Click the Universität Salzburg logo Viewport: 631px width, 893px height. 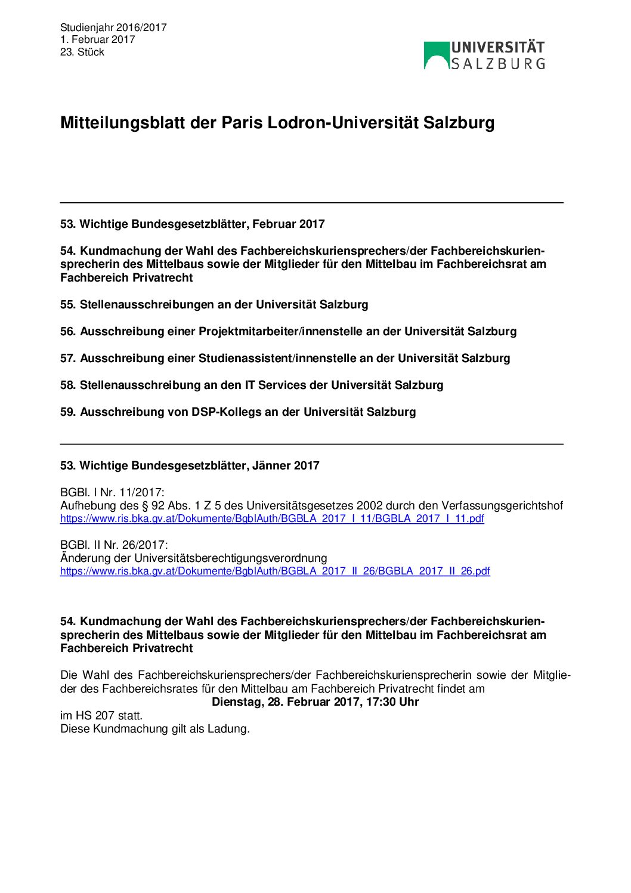(484, 55)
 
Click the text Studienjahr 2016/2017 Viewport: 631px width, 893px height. (113, 27)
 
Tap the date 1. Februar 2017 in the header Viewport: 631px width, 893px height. (98, 40)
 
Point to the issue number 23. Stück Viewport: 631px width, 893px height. (82, 52)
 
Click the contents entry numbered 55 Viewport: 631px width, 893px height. (214, 305)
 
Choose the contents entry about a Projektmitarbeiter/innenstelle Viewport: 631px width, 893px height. (288, 332)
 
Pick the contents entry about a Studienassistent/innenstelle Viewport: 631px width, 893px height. (285, 359)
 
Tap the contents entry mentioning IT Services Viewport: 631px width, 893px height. (252, 385)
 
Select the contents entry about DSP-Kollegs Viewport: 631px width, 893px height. (238, 412)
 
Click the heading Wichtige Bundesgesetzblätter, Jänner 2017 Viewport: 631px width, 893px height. (190, 466)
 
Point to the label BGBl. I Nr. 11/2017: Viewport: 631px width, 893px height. (112, 493)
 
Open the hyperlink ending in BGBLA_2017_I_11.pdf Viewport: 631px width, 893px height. (272, 518)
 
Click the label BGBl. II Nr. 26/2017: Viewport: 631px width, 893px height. (114, 545)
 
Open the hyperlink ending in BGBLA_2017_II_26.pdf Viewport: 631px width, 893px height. (275, 571)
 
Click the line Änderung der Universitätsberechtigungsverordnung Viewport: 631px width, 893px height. (194, 558)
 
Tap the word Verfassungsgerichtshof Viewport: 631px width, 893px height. (502, 506)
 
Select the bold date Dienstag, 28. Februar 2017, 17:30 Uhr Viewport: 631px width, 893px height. (315, 702)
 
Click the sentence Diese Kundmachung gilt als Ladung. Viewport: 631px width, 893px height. (155, 729)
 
